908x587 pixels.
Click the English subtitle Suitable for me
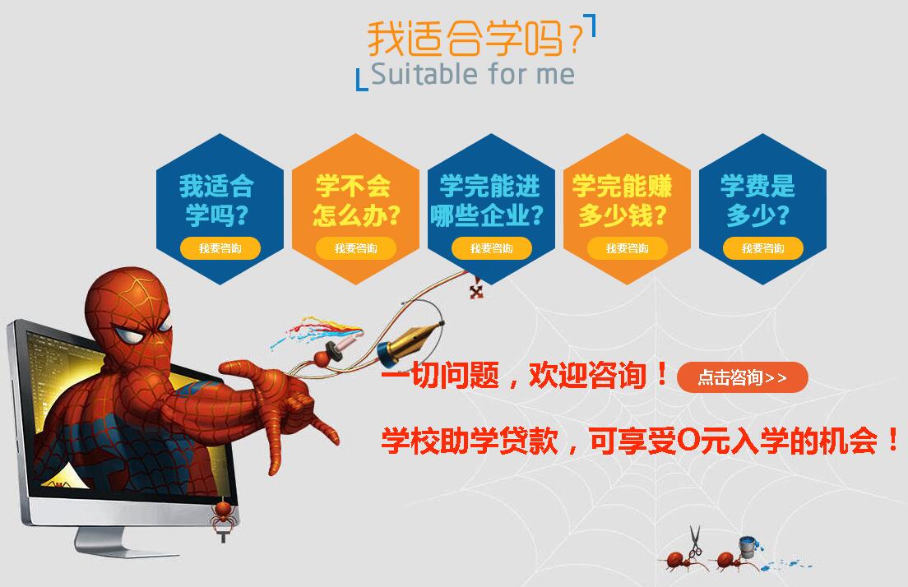[x=473, y=75]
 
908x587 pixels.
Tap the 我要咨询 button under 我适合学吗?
[x=220, y=248]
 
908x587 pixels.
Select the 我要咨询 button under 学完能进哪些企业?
[x=492, y=248]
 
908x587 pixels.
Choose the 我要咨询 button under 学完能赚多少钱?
[x=628, y=248]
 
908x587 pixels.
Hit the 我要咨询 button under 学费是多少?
[x=762, y=248]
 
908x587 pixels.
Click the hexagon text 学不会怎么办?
[x=355, y=201]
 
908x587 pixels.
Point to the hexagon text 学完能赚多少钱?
[x=623, y=201]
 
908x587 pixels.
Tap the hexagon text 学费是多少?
[x=757, y=201]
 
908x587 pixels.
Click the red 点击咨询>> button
[x=742, y=377]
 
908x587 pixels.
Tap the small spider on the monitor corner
[x=223, y=518]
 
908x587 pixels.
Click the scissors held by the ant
[x=694, y=540]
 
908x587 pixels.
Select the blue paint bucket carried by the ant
[x=749, y=546]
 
